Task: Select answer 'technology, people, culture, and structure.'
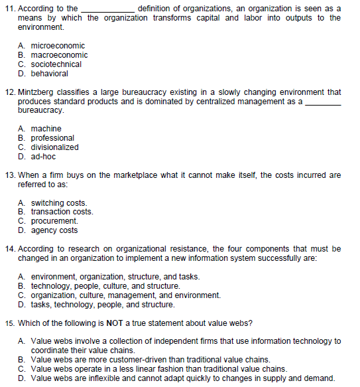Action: (x=105, y=286)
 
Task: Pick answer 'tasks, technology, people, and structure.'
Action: (x=103, y=305)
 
